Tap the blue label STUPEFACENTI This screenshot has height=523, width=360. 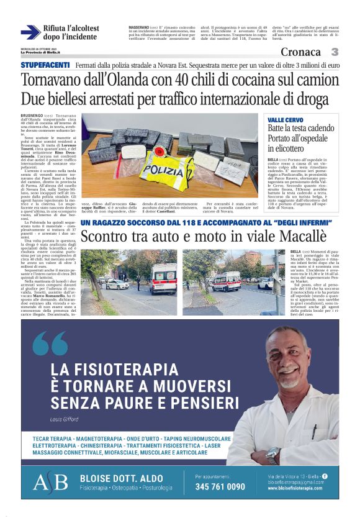pyautogui.click(x=45, y=65)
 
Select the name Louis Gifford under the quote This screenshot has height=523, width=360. pyautogui.click(x=65, y=419)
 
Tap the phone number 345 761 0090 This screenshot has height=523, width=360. pyautogui.click(x=220, y=486)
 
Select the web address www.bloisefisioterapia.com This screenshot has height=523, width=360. pyautogui.click(x=295, y=488)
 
